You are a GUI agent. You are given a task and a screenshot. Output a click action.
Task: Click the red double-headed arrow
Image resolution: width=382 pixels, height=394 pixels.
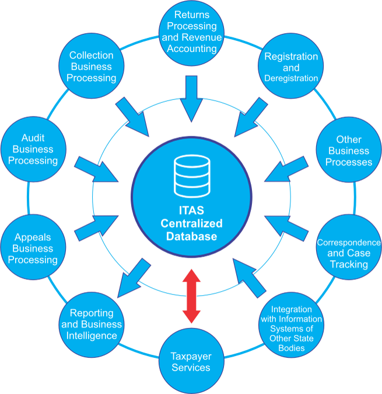(191, 295)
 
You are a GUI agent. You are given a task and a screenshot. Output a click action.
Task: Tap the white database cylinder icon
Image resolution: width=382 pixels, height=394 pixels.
(191, 175)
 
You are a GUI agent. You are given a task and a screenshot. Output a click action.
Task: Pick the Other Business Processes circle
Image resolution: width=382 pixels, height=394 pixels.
(348, 150)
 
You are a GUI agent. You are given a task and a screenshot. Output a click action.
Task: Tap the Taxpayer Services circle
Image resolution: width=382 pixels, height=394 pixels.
(191, 362)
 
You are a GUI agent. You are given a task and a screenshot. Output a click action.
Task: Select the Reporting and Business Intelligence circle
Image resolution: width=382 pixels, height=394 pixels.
(92, 324)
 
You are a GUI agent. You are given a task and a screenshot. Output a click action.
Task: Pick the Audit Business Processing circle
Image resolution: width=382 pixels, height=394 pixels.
(33, 149)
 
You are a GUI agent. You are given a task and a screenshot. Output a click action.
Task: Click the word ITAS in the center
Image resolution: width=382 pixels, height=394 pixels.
(192, 212)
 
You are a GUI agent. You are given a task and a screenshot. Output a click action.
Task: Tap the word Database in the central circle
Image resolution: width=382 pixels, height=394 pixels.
(191, 236)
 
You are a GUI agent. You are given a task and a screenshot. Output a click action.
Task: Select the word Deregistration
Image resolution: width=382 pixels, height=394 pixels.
(291, 78)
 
